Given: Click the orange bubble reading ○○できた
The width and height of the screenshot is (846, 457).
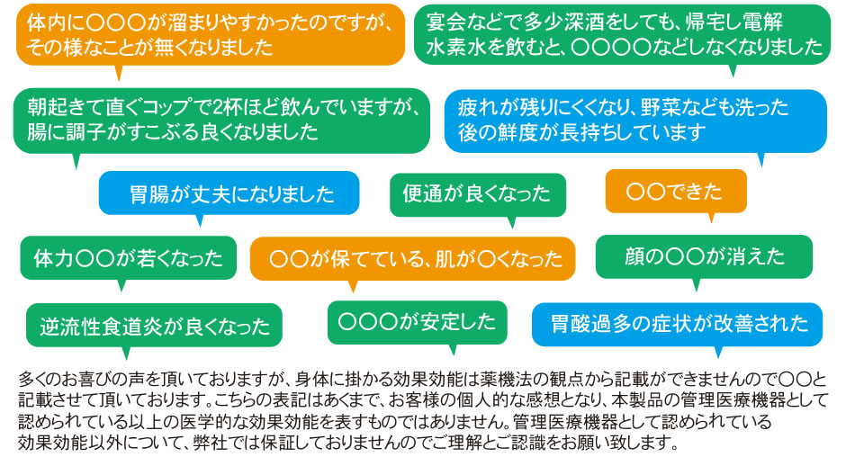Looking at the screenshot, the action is point(676,191).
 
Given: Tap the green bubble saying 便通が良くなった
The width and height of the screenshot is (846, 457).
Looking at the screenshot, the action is point(478,194).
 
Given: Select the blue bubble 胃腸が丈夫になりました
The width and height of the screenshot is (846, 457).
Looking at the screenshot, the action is point(229,193).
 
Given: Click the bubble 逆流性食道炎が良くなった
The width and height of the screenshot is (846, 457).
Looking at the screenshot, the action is point(154,326).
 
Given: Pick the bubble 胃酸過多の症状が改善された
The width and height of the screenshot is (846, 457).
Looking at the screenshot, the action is point(677,324).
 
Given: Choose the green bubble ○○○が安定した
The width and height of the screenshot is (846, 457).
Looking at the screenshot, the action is point(417,322).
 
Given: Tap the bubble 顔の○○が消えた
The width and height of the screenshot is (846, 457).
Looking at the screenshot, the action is point(704,256).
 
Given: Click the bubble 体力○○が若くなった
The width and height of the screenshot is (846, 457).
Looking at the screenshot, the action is point(129,258).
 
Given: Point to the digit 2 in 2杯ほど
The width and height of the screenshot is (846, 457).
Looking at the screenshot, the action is point(218,107).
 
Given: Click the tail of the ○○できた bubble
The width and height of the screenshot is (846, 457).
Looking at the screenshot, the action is point(711,217).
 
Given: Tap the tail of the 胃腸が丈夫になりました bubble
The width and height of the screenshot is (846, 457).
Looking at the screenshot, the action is point(200,220).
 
